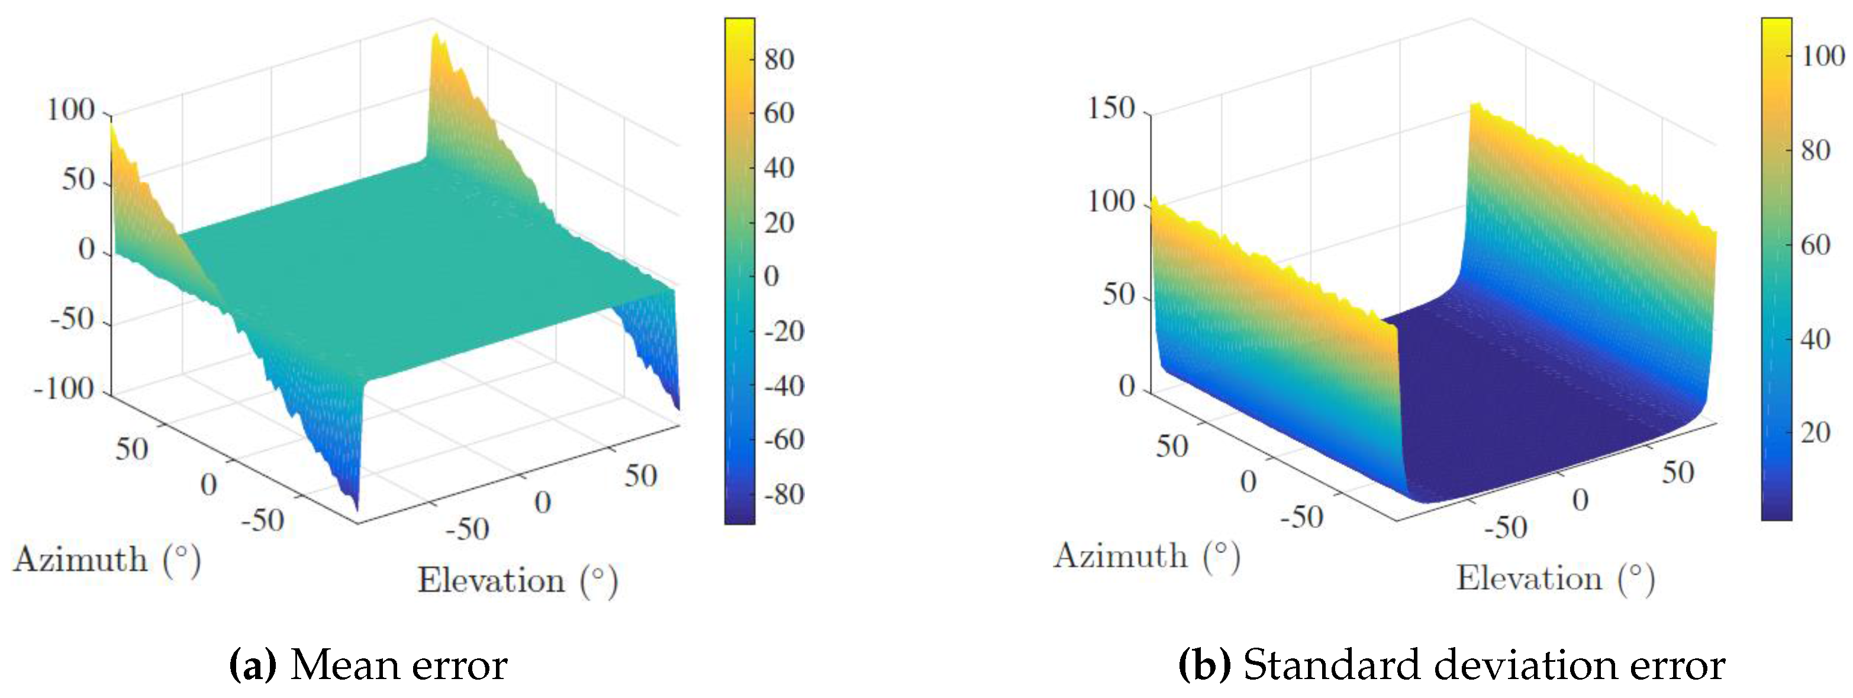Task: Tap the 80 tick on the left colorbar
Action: [x=778, y=59]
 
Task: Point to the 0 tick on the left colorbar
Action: [x=771, y=276]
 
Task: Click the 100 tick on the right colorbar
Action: [x=1822, y=56]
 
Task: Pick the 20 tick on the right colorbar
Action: [x=1815, y=432]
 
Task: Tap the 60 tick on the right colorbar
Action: [x=1815, y=245]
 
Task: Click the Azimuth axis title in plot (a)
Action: [x=107, y=560]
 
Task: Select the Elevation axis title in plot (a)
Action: [x=517, y=581]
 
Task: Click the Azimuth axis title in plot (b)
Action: [x=1146, y=557]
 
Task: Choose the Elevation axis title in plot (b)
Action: [x=1555, y=578]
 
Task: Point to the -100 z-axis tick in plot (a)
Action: [x=65, y=390]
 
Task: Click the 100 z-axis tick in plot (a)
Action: [x=70, y=111]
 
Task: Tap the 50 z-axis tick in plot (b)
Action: [x=1119, y=295]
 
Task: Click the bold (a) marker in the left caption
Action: [x=253, y=665]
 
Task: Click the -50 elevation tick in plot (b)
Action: [x=1506, y=527]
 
